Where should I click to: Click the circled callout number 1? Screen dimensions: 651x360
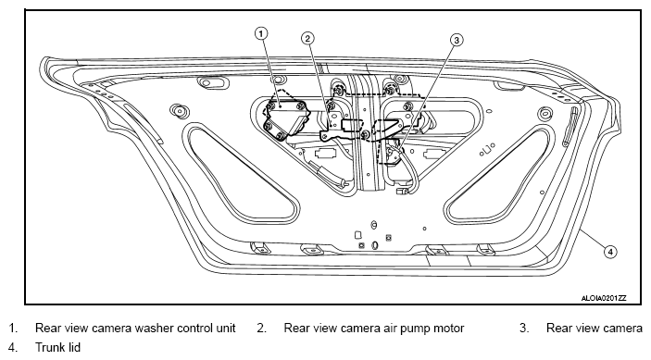(261, 33)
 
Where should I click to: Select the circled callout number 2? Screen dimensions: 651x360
(307, 39)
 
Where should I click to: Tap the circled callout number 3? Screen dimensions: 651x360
(457, 40)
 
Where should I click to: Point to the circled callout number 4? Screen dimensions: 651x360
(610, 252)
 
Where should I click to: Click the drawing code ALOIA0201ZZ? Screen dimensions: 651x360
(603, 298)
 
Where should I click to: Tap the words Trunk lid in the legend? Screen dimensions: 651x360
(57, 347)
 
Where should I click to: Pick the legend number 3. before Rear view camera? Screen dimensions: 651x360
(524, 328)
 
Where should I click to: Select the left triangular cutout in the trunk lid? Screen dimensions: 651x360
(241, 174)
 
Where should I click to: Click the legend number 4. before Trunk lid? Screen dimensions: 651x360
(13, 347)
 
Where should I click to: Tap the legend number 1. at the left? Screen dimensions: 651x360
(13, 328)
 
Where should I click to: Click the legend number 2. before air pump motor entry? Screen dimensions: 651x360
(261, 328)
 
